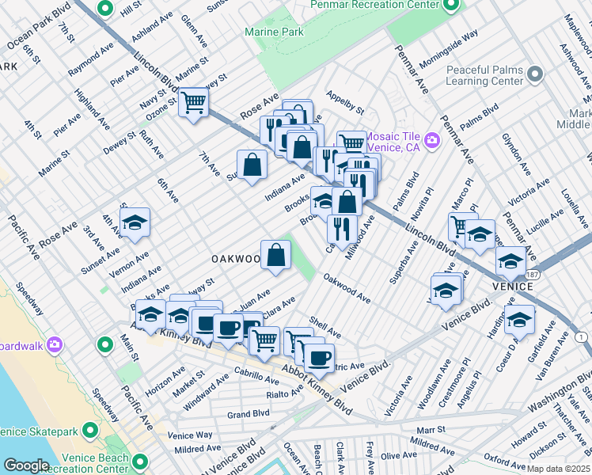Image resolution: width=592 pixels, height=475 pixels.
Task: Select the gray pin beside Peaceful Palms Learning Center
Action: pyautogui.click(x=535, y=75)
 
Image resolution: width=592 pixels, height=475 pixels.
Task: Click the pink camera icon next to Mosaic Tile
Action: pyautogui.click(x=432, y=141)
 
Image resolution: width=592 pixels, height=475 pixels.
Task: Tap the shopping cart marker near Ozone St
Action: pyautogui.click(x=193, y=102)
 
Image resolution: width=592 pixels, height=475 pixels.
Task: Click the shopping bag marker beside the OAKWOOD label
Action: pyautogui.click(x=275, y=255)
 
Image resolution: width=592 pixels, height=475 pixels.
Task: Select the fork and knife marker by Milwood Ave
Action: pyautogui.click(x=342, y=229)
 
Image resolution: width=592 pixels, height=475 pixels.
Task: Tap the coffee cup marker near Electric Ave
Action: pyautogui.click(x=320, y=358)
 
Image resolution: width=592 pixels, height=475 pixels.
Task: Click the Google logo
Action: pyautogui.click(x=26, y=465)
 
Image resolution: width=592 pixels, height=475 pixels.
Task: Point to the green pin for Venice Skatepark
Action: pyautogui.click(x=89, y=431)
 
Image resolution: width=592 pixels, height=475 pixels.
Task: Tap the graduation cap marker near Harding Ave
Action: pyautogui.click(x=520, y=320)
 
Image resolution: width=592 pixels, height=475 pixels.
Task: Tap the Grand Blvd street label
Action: pyautogui.click(x=249, y=414)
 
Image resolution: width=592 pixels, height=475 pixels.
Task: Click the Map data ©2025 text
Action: pyautogui.click(x=558, y=468)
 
